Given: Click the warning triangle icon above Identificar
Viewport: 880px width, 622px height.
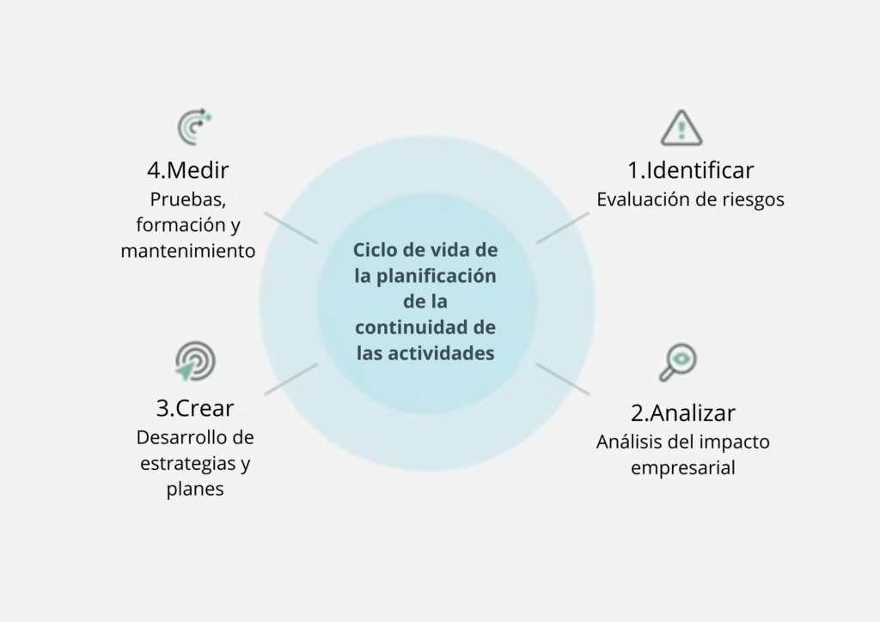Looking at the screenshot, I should (x=681, y=128).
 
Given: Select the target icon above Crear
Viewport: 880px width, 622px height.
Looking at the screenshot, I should (x=195, y=361).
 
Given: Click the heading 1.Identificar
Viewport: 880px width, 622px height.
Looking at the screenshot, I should (x=691, y=169).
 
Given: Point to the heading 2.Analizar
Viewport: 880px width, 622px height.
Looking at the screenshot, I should (x=683, y=412).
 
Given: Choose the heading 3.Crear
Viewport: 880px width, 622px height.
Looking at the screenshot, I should (x=195, y=408).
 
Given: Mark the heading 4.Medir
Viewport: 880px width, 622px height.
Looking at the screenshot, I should (x=187, y=169).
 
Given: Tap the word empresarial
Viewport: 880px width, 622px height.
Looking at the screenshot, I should (x=683, y=469).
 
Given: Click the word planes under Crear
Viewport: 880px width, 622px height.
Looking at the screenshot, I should (x=195, y=490).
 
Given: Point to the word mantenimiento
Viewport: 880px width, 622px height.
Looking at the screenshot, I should (x=188, y=252).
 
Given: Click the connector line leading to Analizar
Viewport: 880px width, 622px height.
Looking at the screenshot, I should (x=563, y=379).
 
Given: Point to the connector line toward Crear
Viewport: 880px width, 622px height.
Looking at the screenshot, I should (x=290, y=379).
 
